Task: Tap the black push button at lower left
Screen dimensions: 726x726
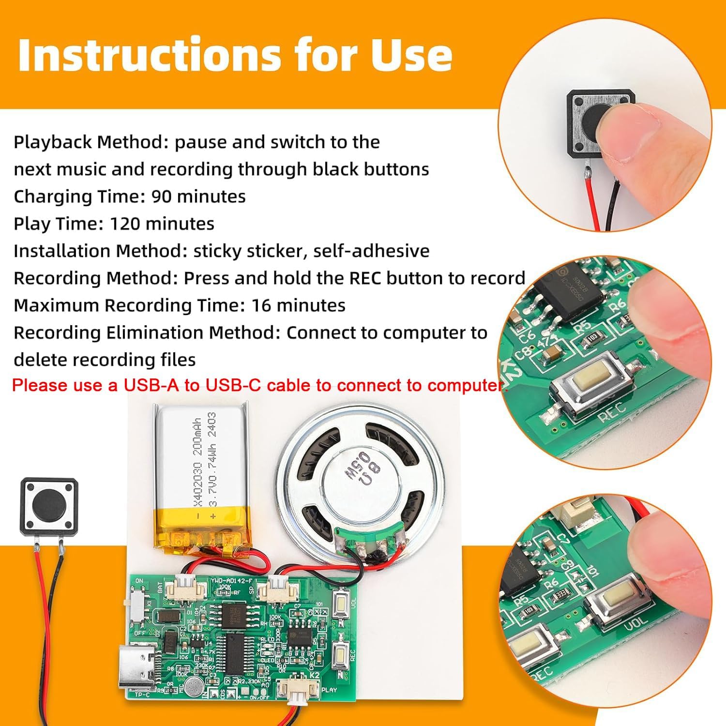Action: click(48, 505)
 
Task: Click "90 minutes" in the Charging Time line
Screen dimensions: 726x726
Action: click(198, 197)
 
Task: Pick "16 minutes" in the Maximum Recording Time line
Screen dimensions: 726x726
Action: click(298, 305)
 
